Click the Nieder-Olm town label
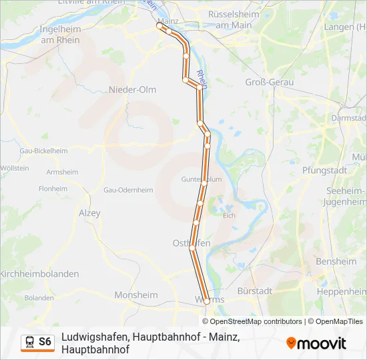(x=132, y=89)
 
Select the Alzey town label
(x=89, y=213)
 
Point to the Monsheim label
(x=136, y=295)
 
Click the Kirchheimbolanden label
(x=39, y=274)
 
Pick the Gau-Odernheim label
(x=128, y=190)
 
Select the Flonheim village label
(x=53, y=189)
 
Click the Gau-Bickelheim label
(x=44, y=151)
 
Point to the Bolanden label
(x=39, y=297)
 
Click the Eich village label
(x=229, y=215)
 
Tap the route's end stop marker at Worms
(x=207, y=301)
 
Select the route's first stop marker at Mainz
(x=159, y=26)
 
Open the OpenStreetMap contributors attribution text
(x=256, y=321)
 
